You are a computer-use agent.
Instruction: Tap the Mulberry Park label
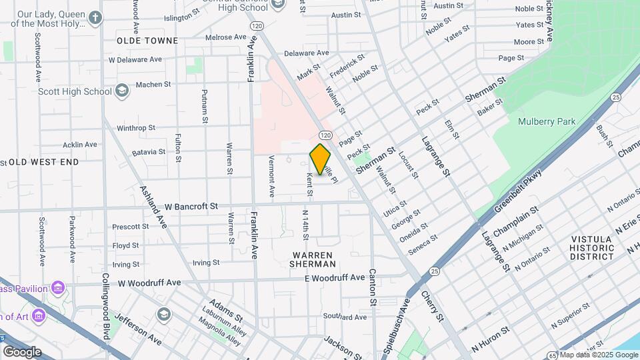pyautogui.click(x=547, y=121)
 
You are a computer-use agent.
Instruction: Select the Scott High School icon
pyautogui.click(x=121, y=91)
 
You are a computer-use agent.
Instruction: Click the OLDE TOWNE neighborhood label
pyautogui.click(x=147, y=41)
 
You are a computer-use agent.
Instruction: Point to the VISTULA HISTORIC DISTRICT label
pyautogui.click(x=591, y=247)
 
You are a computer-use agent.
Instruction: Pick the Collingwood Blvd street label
pyautogui.click(x=105, y=305)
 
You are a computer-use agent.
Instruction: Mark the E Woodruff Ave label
pyautogui.click(x=335, y=277)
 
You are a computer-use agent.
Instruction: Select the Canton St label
pyautogui.click(x=373, y=288)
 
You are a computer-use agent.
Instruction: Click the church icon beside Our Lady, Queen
pyautogui.click(x=95, y=17)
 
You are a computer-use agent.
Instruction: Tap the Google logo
pyautogui.click(x=21, y=351)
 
